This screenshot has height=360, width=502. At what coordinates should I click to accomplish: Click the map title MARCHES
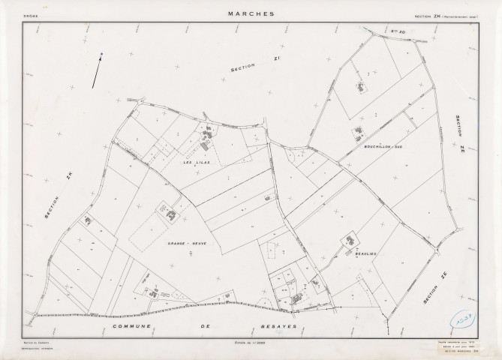[251, 13]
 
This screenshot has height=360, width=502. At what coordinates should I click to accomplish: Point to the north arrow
[97, 70]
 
